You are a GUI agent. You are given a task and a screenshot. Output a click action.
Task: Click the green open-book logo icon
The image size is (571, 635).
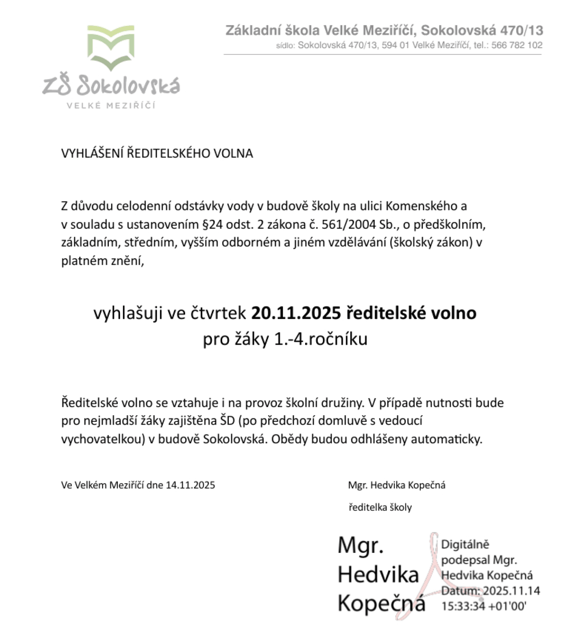(111, 47)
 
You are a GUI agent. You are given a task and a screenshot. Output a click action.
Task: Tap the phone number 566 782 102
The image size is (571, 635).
(517, 45)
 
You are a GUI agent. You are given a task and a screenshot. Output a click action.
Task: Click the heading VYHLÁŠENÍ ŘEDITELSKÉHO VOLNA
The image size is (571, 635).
(157, 153)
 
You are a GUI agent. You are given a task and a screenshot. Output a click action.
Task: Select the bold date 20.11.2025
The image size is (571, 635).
(296, 313)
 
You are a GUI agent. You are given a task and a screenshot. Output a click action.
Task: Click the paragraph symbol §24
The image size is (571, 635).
(212, 224)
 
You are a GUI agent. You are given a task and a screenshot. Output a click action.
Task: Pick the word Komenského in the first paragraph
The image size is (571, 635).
(420, 206)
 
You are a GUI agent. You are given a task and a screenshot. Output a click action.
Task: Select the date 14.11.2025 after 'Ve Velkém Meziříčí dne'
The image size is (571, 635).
(190, 485)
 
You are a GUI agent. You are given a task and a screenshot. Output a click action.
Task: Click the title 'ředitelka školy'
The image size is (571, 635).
(380, 507)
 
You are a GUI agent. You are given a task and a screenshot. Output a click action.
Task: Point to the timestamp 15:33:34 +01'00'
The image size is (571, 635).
(484, 606)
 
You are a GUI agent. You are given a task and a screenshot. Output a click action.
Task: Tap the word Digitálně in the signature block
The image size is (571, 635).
(465, 544)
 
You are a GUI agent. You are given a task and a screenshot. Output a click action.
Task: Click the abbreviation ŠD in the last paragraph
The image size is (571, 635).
(227, 421)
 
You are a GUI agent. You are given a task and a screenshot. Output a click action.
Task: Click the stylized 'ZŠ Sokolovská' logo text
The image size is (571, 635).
(112, 86)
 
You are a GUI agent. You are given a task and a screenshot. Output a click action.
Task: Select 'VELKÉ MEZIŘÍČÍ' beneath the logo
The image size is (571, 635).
(111, 106)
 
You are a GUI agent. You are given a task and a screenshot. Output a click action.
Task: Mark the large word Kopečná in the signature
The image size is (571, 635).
(381, 603)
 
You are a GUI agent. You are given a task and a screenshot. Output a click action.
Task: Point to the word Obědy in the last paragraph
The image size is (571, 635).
(290, 439)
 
